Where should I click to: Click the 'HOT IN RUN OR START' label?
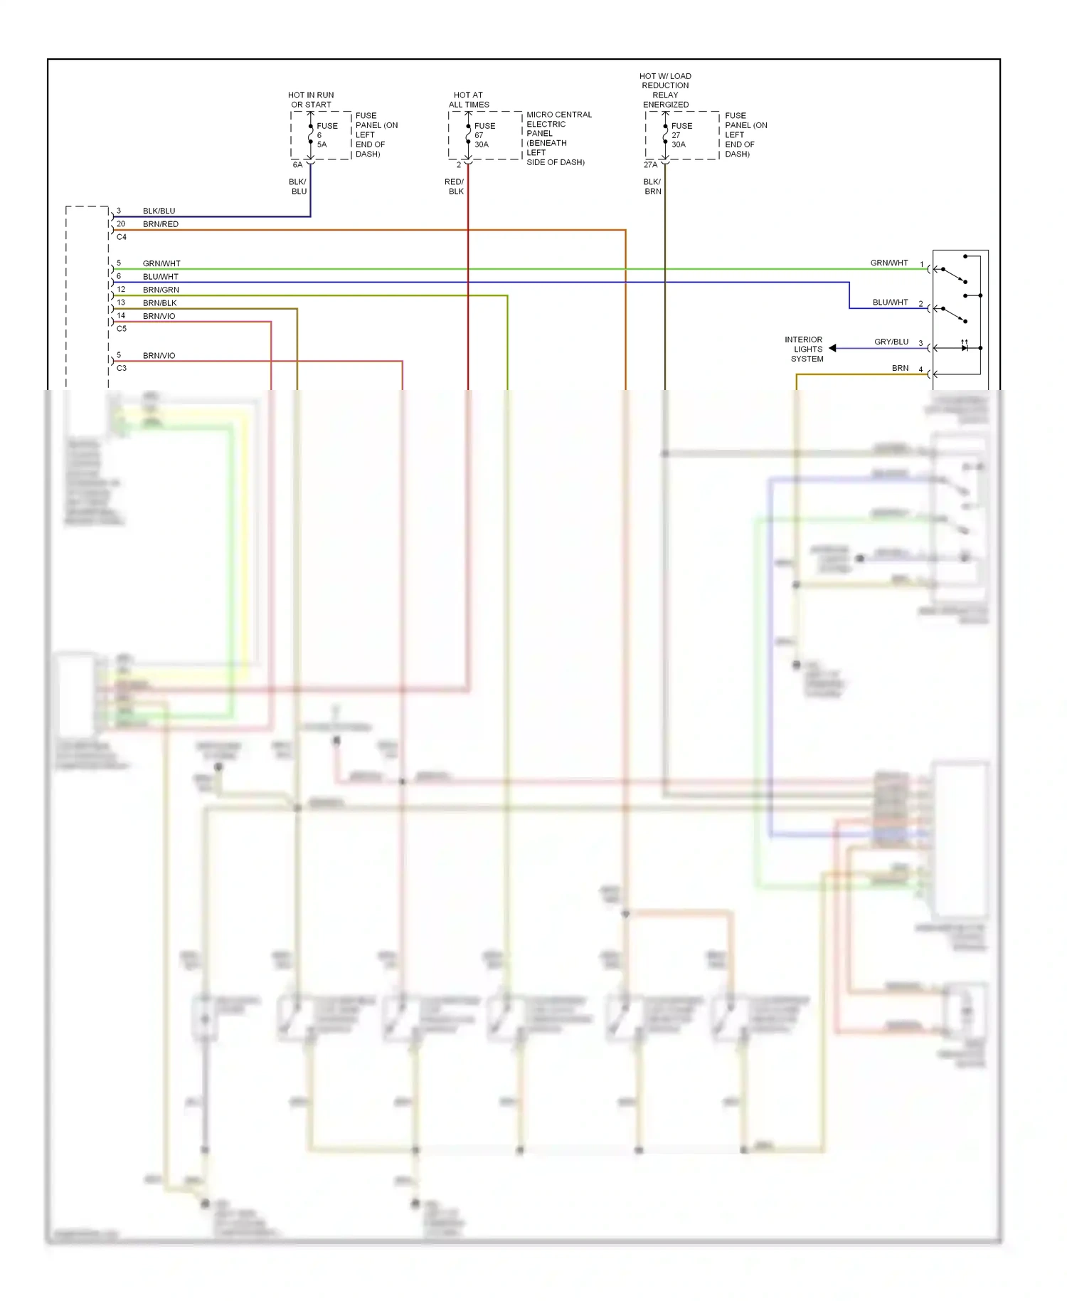tap(311, 100)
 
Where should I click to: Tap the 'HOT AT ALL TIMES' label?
tap(469, 100)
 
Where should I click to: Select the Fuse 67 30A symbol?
tap(468, 135)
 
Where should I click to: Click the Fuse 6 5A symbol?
tap(311, 135)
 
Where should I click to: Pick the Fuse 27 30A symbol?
tap(665, 135)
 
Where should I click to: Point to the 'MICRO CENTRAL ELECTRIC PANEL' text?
tap(558, 124)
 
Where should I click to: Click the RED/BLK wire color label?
tap(455, 186)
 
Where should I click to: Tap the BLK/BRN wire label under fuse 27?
tap(652, 186)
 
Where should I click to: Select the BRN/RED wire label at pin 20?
tap(160, 224)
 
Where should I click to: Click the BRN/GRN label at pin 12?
tap(161, 290)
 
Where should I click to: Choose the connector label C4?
tap(122, 237)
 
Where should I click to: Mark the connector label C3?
tap(122, 368)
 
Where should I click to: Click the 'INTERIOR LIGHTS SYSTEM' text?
tap(805, 349)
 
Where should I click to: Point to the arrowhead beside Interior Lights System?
tap(832, 348)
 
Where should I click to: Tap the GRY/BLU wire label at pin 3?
tap(891, 342)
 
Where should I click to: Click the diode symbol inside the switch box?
tap(965, 347)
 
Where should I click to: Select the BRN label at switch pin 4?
tap(900, 368)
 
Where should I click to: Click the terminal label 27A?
tap(650, 165)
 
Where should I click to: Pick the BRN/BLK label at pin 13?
tap(159, 303)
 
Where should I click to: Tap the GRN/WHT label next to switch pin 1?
tap(888, 263)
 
